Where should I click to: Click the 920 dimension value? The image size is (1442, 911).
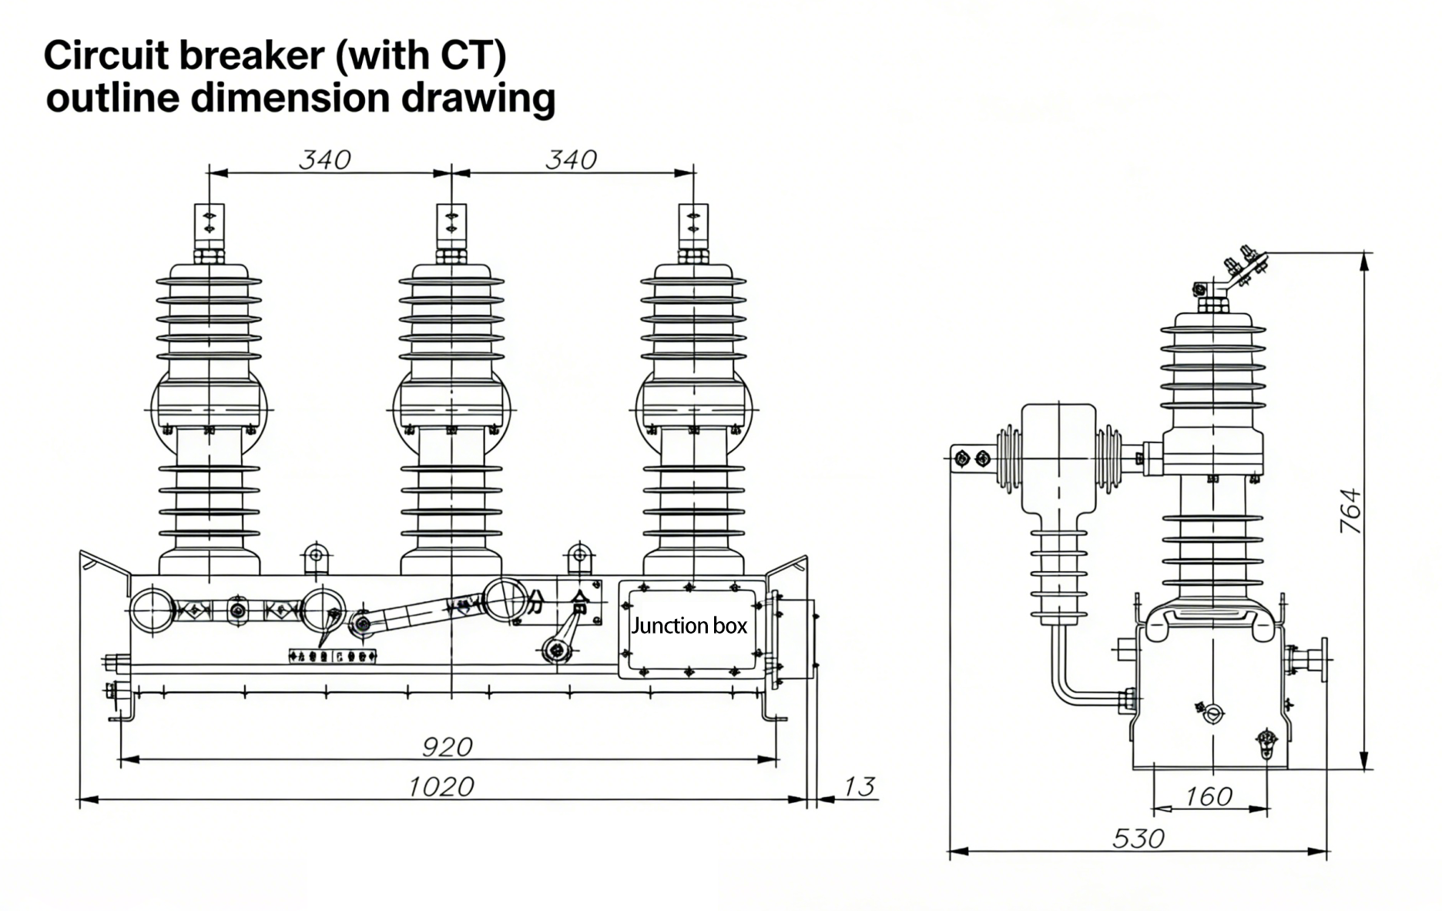coord(447,746)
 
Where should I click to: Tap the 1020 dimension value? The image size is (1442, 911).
coord(440,786)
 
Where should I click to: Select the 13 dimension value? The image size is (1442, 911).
coord(859,786)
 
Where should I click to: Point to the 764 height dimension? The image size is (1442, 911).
coord(1350,510)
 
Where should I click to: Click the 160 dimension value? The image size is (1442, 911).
coord(1209,795)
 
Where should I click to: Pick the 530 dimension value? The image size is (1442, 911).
coord(1139,838)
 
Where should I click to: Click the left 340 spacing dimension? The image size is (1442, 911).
coord(324,160)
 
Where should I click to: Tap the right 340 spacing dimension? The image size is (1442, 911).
coord(571,160)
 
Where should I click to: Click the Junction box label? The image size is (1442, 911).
coord(689,626)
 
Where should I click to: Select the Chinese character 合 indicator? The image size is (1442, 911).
coord(579,600)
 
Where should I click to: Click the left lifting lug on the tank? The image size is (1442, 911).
coord(315,556)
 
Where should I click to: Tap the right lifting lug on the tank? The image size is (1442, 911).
coord(579,556)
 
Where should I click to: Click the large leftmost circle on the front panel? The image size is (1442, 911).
coord(152,610)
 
